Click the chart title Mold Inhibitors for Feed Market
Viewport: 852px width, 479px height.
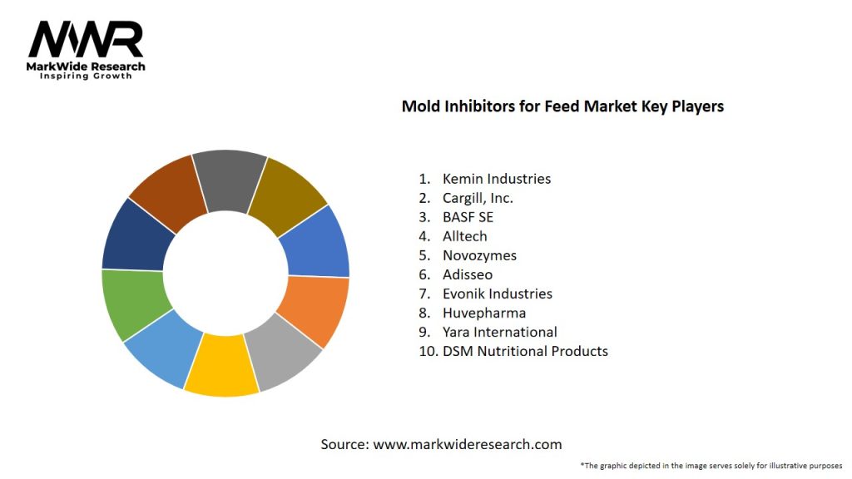pyautogui.click(x=562, y=106)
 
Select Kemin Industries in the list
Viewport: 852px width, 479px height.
pyautogui.click(x=496, y=179)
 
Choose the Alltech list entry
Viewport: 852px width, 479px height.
pyautogui.click(x=464, y=236)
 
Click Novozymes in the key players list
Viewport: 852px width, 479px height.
pyautogui.click(x=480, y=255)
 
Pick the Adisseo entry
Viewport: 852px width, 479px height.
pyautogui.click(x=468, y=274)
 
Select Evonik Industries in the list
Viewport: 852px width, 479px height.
pyautogui.click(x=497, y=294)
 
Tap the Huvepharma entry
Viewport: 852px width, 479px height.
pyautogui.click(x=483, y=313)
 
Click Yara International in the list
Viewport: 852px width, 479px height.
pyautogui.click(x=499, y=332)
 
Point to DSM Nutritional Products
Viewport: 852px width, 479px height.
pyautogui.click(x=525, y=351)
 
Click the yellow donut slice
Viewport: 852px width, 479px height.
pyautogui.click(x=220, y=366)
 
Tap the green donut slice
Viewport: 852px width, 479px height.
pyautogui.click(x=131, y=301)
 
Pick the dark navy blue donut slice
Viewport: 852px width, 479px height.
pyautogui.click(x=137, y=237)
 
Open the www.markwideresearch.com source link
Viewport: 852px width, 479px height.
pyautogui.click(x=467, y=444)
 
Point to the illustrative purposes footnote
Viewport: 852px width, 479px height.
pyautogui.click(x=711, y=465)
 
